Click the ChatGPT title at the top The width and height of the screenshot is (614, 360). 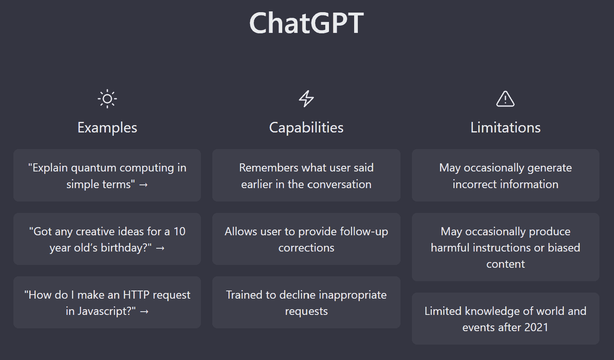(307, 23)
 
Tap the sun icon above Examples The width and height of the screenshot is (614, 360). (107, 99)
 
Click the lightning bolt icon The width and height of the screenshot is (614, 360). (306, 99)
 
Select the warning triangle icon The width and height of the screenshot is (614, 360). (505, 99)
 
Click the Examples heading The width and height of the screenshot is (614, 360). (107, 128)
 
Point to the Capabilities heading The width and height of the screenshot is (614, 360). (306, 128)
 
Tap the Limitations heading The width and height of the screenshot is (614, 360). (505, 128)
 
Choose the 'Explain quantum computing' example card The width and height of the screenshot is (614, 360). (107, 176)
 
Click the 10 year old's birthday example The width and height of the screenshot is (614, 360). (107, 239)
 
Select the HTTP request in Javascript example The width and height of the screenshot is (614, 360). (107, 302)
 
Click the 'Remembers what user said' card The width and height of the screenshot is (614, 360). (306, 176)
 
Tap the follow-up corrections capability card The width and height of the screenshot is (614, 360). (306, 239)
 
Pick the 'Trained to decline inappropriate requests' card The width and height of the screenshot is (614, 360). (306, 302)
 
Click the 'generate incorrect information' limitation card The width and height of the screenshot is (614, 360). (505, 176)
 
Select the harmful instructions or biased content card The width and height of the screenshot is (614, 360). (505, 247)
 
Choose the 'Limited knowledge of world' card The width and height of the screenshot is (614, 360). (505, 319)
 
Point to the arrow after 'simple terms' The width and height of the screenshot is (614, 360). (144, 185)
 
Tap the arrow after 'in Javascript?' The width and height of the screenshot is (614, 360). (144, 312)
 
